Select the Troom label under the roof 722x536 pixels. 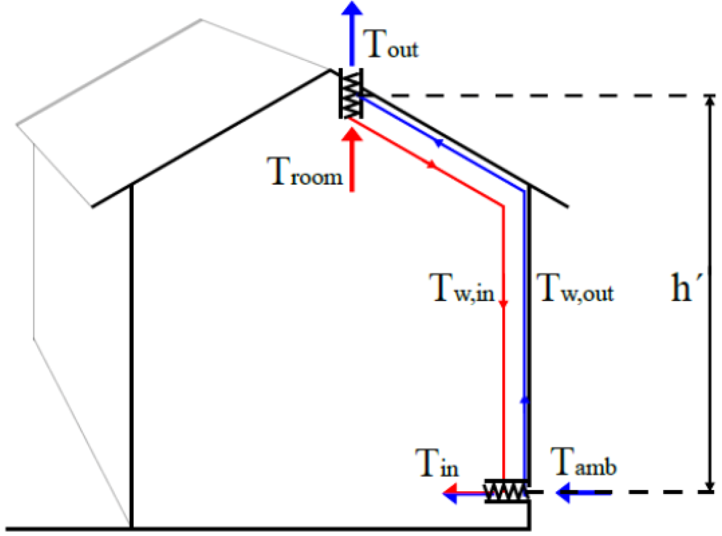[305, 172]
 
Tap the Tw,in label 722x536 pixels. [462, 288]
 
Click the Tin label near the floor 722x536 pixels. [436, 463]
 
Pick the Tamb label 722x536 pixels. [584, 463]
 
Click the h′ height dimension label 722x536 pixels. [684, 288]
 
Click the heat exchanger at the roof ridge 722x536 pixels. [351, 93]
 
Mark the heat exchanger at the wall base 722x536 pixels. [506, 491]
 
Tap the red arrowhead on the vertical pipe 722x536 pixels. [503, 303]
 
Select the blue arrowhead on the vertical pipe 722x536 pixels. [525, 400]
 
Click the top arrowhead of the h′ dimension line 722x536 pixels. [710, 101]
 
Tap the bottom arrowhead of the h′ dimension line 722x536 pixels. [710, 486]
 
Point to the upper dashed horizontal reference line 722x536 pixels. [547, 96]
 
